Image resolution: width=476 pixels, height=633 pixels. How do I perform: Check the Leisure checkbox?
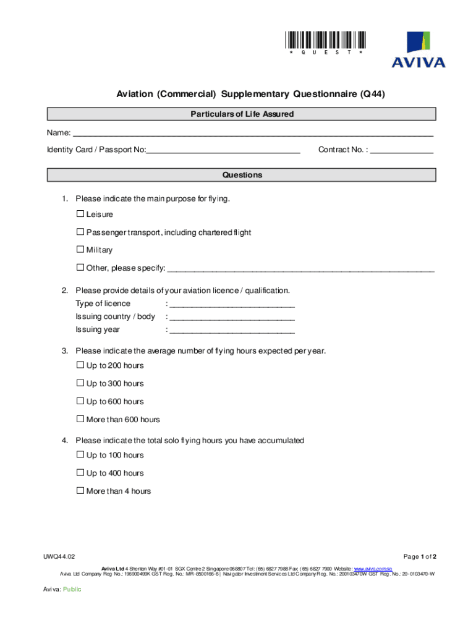pos(80,214)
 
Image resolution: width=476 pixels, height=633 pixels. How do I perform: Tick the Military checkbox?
pos(80,250)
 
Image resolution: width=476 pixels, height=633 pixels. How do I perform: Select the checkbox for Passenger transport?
pos(80,232)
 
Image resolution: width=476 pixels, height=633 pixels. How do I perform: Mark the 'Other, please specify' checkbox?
pos(80,268)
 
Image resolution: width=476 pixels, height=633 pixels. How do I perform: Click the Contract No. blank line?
pos(401,150)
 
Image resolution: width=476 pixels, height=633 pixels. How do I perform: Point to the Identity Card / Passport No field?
pos(223,150)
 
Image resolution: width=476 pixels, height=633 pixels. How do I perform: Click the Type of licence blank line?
pos(232,304)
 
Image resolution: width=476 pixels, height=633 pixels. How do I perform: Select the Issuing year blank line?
pos(232,330)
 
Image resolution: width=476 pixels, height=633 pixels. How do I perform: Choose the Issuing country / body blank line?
pos(232,317)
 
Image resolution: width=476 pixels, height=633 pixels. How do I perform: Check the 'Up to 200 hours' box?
pos(80,365)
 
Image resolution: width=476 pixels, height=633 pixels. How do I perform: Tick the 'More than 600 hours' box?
pos(80,419)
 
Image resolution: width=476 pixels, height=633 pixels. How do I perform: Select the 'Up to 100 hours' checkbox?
pos(80,455)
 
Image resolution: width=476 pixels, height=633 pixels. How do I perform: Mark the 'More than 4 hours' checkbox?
pos(80,491)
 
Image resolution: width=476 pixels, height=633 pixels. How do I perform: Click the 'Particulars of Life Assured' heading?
pos(242,114)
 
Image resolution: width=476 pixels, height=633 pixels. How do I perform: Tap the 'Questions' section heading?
pos(242,176)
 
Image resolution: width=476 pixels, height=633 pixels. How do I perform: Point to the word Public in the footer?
pos(72,590)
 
